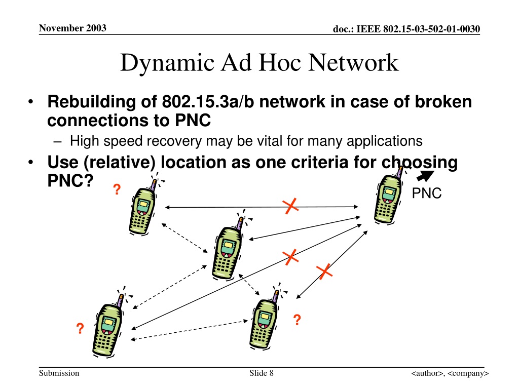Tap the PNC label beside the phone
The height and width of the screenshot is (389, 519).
pyautogui.click(x=427, y=193)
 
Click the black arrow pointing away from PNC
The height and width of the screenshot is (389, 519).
pyautogui.click(x=425, y=176)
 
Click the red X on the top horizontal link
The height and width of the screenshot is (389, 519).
pyautogui.click(x=290, y=207)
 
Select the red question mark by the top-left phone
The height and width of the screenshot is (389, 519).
pyautogui.click(x=117, y=189)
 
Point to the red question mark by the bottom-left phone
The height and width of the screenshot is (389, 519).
pyautogui.click(x=80, y=328)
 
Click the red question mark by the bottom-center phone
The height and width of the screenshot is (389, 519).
pyautogui.click(x=297, y=320)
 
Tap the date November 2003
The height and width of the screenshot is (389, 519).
pyautogui.click(x=72, y=28)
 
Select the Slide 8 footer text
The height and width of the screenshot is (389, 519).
pyautogui.click(x=262, y=373)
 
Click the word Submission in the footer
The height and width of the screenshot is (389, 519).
pyautogui.click(x=59, y=373)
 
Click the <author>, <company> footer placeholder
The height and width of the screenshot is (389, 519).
pyautogui.click(x=450, y=373)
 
